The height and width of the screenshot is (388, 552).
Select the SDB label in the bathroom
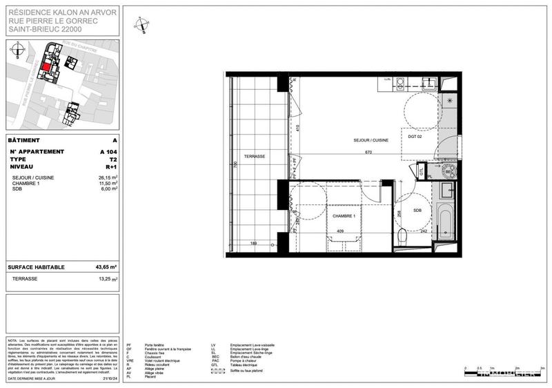coord(417,211)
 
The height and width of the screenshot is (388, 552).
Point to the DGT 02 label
coord(415,137)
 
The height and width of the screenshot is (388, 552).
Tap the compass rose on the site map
coord(19,49)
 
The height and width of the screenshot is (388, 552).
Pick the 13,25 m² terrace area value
coord(106,279)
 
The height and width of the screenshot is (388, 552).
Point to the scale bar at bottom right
coord(504,374)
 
